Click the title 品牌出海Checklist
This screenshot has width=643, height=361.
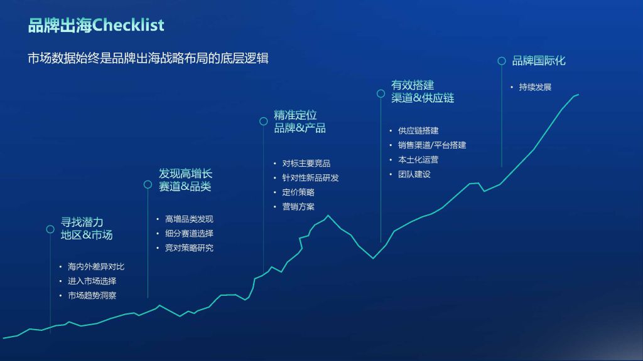click(x=96, y=25)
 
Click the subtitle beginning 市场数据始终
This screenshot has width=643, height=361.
click(x=148, y=58)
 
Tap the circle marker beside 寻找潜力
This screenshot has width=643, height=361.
click(x=50, y=229)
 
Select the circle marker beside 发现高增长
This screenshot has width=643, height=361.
click(x=148, y=185)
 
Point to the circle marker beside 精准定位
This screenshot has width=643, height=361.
click(x=264, y=121)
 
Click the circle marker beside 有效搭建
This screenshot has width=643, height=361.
click(x=381, y=94)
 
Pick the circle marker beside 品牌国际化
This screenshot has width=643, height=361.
click(x=502, y=61)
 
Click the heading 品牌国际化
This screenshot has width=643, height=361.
click(x=539, y=61)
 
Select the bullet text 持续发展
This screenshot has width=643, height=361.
click(x=535, y=87)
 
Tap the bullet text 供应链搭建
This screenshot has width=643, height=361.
click(x=418, y=130)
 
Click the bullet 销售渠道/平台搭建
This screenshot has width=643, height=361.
click(x=432, y=145)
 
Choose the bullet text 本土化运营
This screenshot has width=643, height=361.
click(x=418, y=160)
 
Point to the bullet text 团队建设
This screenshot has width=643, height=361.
click(x=414, y=174)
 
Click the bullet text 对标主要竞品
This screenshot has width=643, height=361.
click(x=306, y=164)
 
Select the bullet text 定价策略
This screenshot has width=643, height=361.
click(x=298, y=192)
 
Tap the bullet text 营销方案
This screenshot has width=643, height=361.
click(x=298, y=207)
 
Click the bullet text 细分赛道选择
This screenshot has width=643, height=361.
click(x=189, y=233)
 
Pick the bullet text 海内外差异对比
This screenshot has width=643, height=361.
click(x=96, y=266)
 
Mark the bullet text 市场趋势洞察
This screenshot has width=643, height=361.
click(x=92, y=296)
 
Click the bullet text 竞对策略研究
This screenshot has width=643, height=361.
click(x=189, y=248)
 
